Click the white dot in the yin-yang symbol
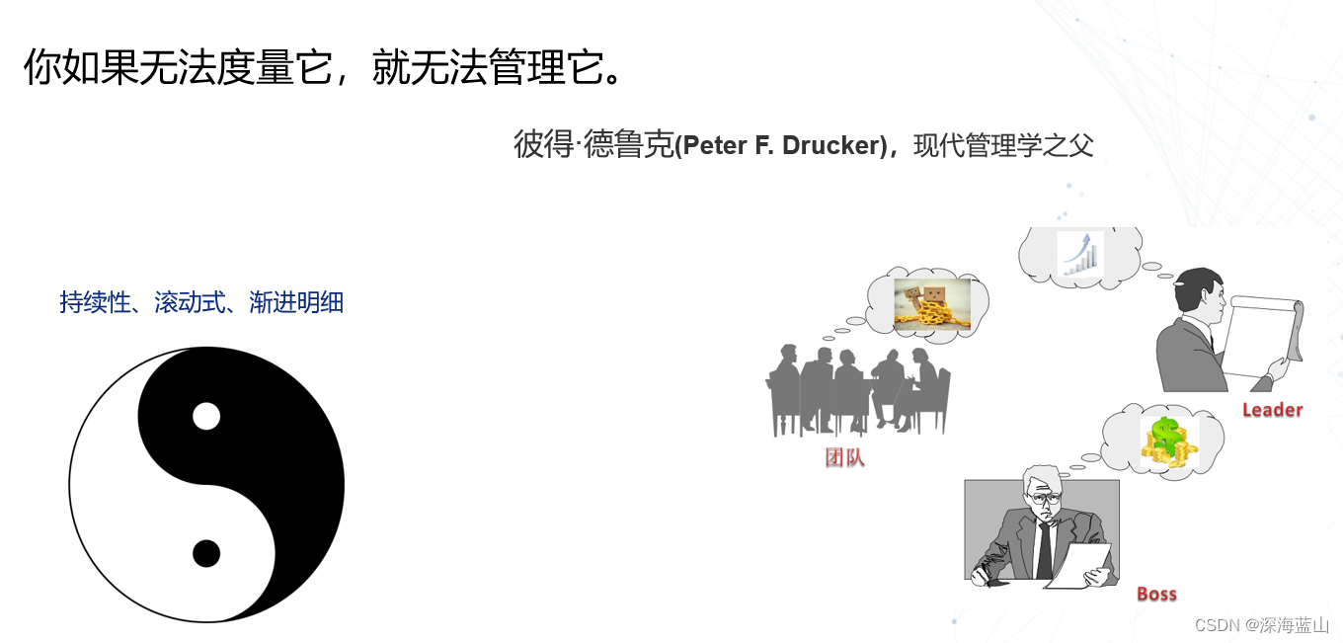click(205, 417)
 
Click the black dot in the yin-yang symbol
click(205, 554)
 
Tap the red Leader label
click(1272, 410)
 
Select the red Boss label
click(1156, 594)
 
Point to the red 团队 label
click(844, 458)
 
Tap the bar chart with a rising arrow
click(1079, 254)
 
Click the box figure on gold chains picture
click(930, 304)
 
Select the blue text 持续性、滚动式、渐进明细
click(201, 302)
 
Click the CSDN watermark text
click(1216, 625)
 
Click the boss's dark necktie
click(1044, 549)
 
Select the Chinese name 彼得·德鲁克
click(592, 145)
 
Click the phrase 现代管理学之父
click(1003, 146)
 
